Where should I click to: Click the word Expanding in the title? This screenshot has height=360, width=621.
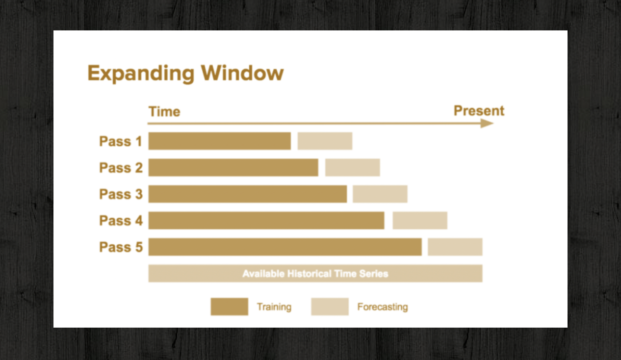coord(141,74)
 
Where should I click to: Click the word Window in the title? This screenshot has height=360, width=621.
coord(242,73)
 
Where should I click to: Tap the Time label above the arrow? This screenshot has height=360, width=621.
coord(164,111)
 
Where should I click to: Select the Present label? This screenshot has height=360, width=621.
coord(479,111)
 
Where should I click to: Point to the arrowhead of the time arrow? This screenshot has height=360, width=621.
coord(487,123)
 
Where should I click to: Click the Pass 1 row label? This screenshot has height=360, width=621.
coord(121,141)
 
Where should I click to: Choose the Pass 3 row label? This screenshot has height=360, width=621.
coord(121,194)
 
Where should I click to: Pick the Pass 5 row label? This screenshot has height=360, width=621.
coord(121,247)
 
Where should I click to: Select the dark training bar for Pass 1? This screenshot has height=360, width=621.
coord(220,141)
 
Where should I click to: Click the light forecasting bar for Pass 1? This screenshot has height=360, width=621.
coord(325,141)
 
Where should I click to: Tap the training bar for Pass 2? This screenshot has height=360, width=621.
coord(233,167)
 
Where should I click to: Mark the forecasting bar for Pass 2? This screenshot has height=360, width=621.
coord(352,167)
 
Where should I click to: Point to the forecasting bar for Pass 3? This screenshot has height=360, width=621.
coord(380,194)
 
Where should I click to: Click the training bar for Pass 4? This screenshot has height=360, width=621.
coord(266,220)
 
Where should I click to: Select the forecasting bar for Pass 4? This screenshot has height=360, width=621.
coord(420,220)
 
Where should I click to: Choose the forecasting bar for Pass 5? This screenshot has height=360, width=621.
coord(455,247)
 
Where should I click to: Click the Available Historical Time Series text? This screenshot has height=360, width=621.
coord(315,274)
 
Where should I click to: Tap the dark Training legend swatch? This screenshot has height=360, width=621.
coord(229,307)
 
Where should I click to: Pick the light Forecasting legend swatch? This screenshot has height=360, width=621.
coord(330,307)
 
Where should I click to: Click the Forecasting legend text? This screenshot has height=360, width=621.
coord(383,307)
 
